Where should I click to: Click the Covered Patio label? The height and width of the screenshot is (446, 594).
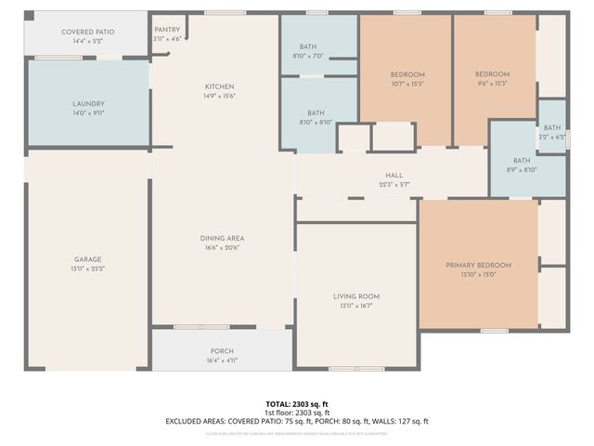tap(88, 33)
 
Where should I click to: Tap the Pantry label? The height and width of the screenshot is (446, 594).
tap(167, 30)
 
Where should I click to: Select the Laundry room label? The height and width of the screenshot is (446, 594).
tap(88, 104)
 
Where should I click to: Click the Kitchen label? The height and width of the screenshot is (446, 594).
tap(220, 86)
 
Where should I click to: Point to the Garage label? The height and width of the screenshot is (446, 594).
tap(88, 259)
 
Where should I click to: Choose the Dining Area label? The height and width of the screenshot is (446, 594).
tap(222, 239)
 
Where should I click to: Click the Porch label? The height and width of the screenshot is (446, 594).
tap(222, 351)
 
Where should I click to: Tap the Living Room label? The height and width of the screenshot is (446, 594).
tap(356, 296)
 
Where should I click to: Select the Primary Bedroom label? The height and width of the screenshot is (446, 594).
tap(478, 265)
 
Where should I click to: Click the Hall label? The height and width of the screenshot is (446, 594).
tap(394, 175)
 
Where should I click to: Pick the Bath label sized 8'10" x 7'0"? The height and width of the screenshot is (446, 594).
tap(311, 47)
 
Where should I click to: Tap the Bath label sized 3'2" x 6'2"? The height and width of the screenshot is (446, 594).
tap(552, 128)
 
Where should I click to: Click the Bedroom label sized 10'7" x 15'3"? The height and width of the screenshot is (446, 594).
tap(407, 74)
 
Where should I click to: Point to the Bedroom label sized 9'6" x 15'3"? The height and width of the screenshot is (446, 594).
tap(492, 74)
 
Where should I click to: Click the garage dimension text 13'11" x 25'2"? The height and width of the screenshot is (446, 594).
tap(88, 269)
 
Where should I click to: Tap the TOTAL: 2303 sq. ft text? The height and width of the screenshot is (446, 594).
tap(297, 404)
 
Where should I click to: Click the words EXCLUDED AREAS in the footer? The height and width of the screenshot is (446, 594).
tap(196, 421)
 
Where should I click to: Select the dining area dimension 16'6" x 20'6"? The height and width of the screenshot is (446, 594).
tap(222, 248)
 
